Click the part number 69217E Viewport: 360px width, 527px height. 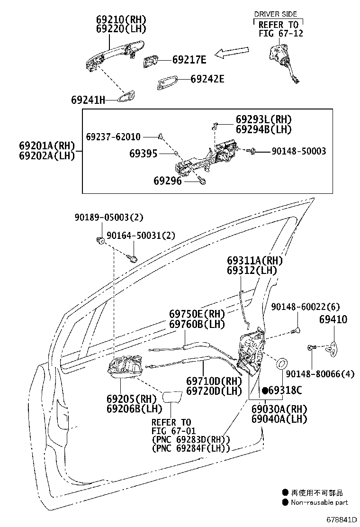(189, 60)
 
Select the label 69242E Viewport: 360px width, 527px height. (207, 79)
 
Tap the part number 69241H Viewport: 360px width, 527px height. (88, 100)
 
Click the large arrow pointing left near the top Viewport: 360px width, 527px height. (232, 52)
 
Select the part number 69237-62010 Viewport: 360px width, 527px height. (113, 137)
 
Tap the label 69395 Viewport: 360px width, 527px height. (144, 154)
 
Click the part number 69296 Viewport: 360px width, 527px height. (167, 181)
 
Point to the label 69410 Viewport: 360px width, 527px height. (333, 320)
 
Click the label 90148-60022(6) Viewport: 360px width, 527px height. (305, 307)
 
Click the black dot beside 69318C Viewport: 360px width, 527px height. (265, 391)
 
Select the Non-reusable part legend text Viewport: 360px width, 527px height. (319, 502)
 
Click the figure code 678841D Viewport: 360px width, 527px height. (340, 520)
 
